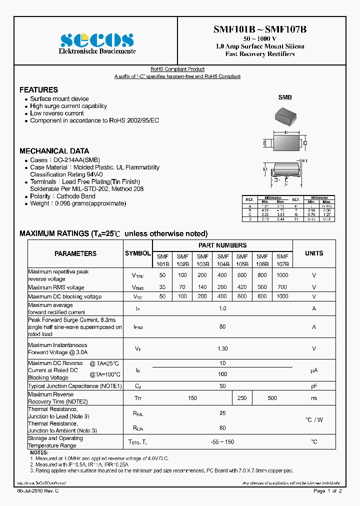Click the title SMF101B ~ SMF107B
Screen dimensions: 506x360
(260, 29)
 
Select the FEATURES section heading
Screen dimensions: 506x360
(38, 90)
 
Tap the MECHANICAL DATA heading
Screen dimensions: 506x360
(54, 151)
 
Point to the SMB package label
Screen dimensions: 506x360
(284, 98)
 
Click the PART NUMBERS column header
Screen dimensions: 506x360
(222, 245)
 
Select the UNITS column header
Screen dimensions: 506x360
(314, 253)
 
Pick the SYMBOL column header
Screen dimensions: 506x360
(137, 253)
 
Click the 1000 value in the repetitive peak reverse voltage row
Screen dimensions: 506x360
(282, 275)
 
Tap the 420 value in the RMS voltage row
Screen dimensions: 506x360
(242, 287)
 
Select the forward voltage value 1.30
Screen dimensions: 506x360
(222, 348)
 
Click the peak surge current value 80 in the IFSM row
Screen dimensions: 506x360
(222, 327)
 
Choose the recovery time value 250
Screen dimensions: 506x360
(242, 398)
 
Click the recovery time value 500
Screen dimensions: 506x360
(272, 398)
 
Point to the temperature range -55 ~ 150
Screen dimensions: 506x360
(222, 442)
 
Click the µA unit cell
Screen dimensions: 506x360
(314, 370)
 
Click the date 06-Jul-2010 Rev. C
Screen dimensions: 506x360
(38, 491)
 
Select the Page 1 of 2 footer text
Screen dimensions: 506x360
(327, 491)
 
